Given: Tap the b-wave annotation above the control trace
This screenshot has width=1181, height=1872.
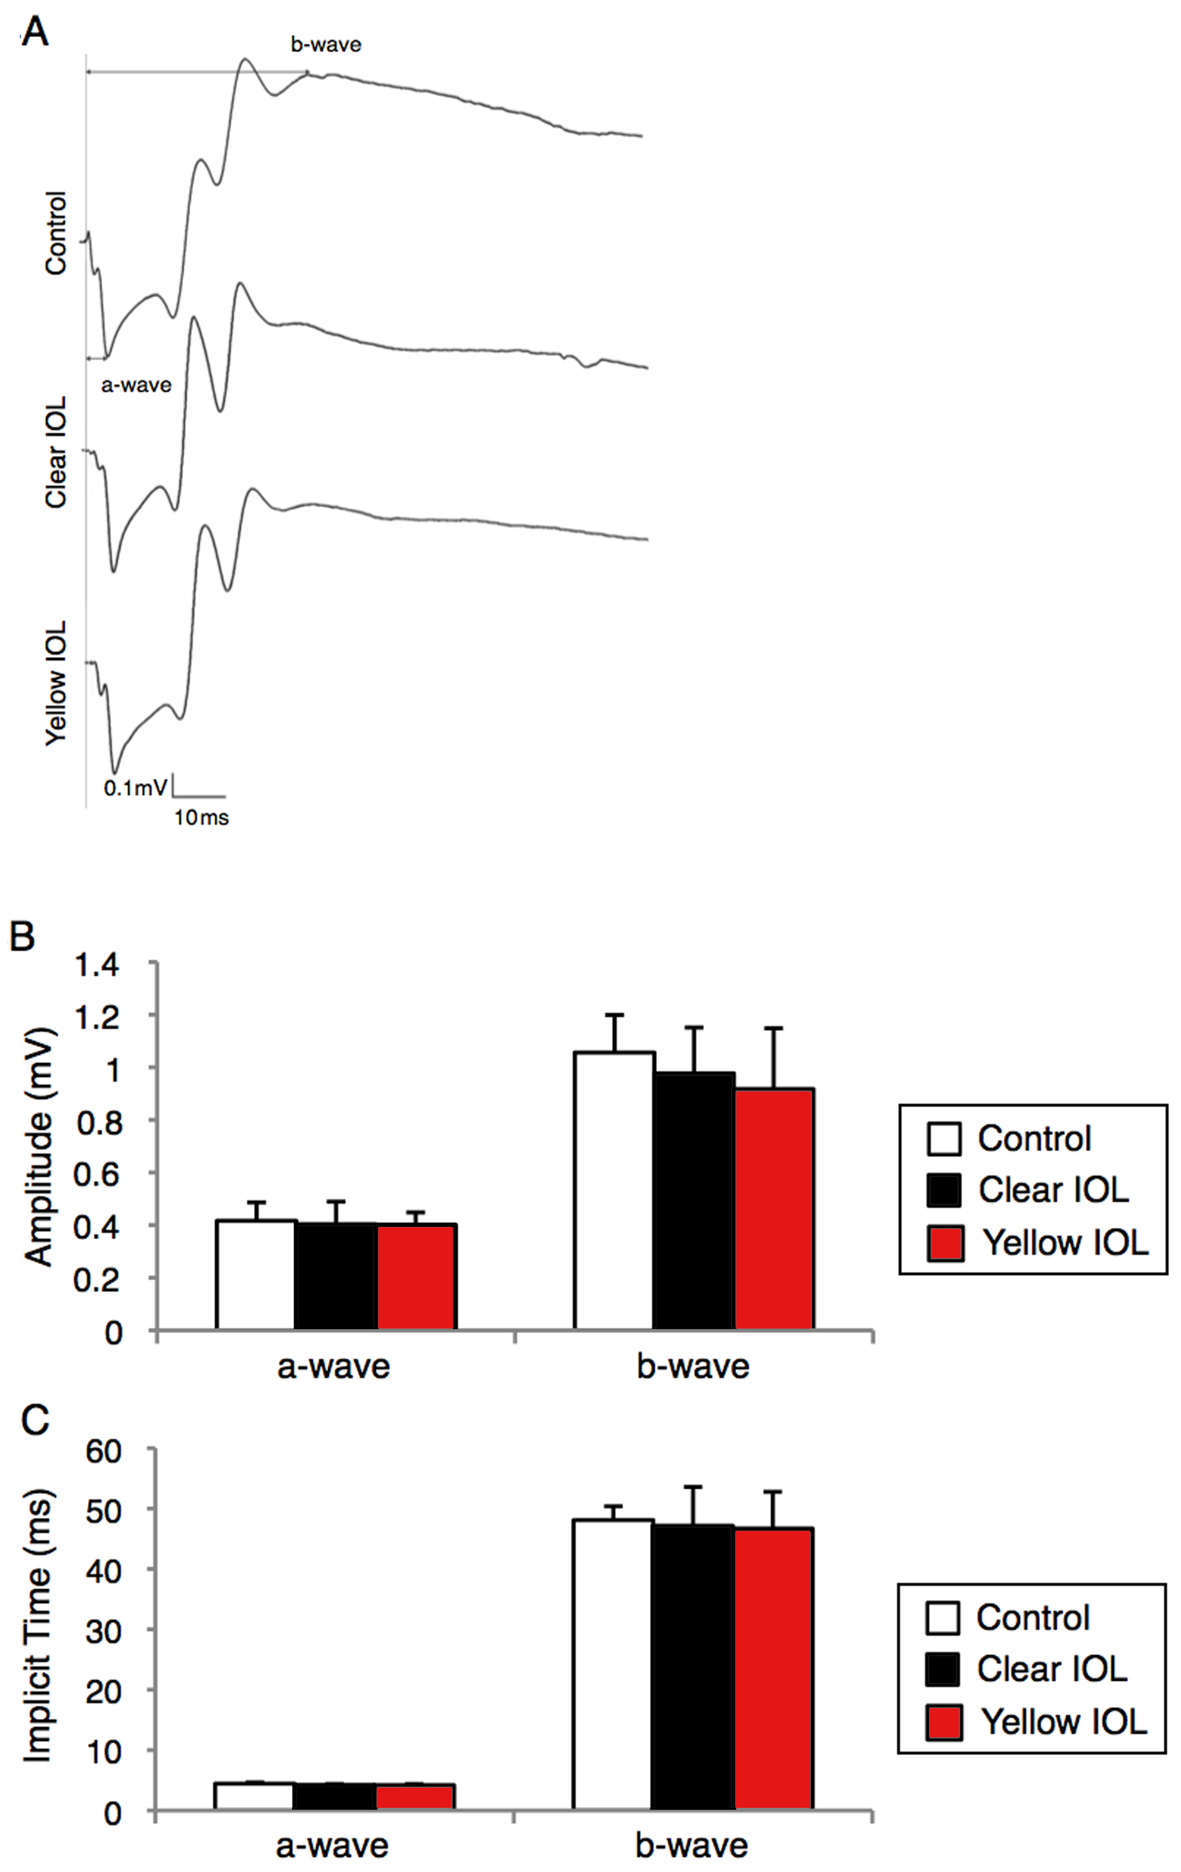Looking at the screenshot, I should coord(326,44).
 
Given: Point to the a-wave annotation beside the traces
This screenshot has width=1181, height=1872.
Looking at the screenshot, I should coord(136,385).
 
